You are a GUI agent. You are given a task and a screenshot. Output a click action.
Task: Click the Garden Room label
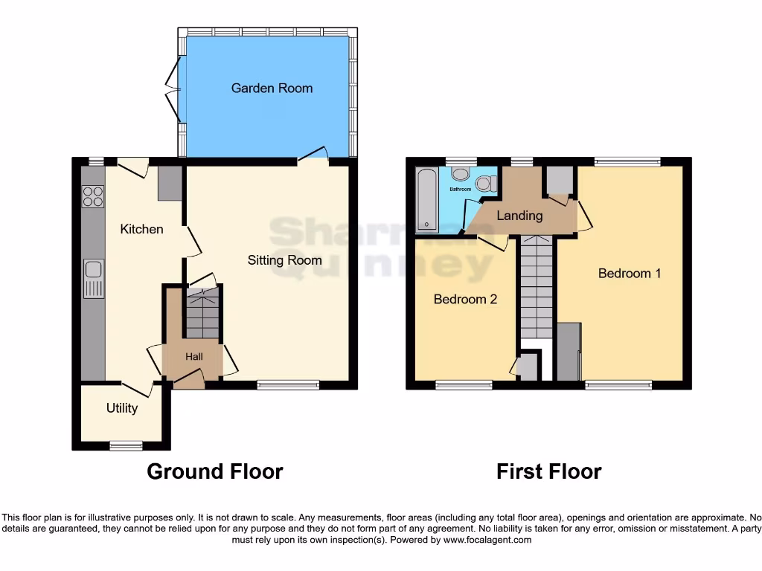click(272, 88)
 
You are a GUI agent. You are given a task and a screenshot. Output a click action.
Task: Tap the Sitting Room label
click(284, 259)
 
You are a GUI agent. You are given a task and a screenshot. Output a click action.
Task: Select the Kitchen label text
click(141, 229)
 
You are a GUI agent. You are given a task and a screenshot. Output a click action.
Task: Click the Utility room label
click(121, 407)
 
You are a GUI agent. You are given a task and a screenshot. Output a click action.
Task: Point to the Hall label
click(193, 357)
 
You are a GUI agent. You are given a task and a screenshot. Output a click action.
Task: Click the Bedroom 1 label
click(630, 273)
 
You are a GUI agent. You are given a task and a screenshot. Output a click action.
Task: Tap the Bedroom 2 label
click(465, 299)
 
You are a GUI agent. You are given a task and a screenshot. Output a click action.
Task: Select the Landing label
click(519, 216)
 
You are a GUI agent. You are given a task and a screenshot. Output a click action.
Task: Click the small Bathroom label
click(460, 190)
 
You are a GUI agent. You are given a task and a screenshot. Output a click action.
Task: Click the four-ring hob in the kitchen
click(93, 196)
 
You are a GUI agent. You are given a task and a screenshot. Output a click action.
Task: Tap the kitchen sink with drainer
click(94, 278)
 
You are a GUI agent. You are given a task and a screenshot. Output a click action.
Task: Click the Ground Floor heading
click(215, 471)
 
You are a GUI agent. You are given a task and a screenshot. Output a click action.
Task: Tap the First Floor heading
click(549, 471)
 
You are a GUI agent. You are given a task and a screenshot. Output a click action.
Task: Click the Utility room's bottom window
click(126, 445)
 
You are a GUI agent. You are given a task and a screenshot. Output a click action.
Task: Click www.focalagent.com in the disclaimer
click(487, 540)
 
